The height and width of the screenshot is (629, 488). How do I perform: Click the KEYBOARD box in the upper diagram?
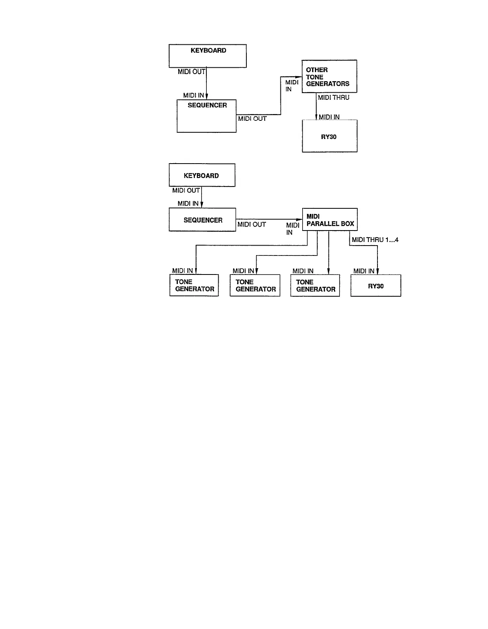coord(208,56)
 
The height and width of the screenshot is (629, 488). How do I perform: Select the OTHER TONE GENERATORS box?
coord(329,76)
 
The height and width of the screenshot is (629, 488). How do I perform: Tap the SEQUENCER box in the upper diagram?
coord(206,116)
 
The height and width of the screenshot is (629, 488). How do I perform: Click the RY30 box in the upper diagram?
coord(330,136)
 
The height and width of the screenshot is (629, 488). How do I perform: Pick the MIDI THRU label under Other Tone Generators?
coord(334,97)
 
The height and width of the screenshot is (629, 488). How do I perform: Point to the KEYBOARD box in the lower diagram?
coord(202,175)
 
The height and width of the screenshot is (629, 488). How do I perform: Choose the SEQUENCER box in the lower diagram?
coord(202,220)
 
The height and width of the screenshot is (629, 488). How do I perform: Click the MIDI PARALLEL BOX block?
coord(330,220)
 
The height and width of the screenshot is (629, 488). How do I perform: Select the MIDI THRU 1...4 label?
coord(375,240)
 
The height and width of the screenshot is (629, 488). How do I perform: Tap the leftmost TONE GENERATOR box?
coord(194,285)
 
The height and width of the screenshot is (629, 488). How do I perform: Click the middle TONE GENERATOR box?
coord(255,285)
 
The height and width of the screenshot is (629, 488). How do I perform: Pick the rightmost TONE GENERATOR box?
coord(315,285)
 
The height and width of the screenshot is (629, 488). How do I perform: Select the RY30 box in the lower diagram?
coord(376,286)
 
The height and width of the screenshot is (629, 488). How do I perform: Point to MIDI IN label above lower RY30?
coord(364,271)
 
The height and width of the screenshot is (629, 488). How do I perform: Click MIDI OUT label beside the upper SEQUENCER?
coord(252,118)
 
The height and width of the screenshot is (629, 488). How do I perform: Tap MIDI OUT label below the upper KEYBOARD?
coord(191,72)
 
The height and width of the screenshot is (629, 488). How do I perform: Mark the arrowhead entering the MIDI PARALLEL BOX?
coord(299,219)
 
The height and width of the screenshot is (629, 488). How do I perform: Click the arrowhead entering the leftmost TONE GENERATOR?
coord(196,271)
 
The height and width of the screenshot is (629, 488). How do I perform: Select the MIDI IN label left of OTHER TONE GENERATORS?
coord(292,86)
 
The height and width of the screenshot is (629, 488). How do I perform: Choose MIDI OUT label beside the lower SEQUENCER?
coord(252,225)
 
